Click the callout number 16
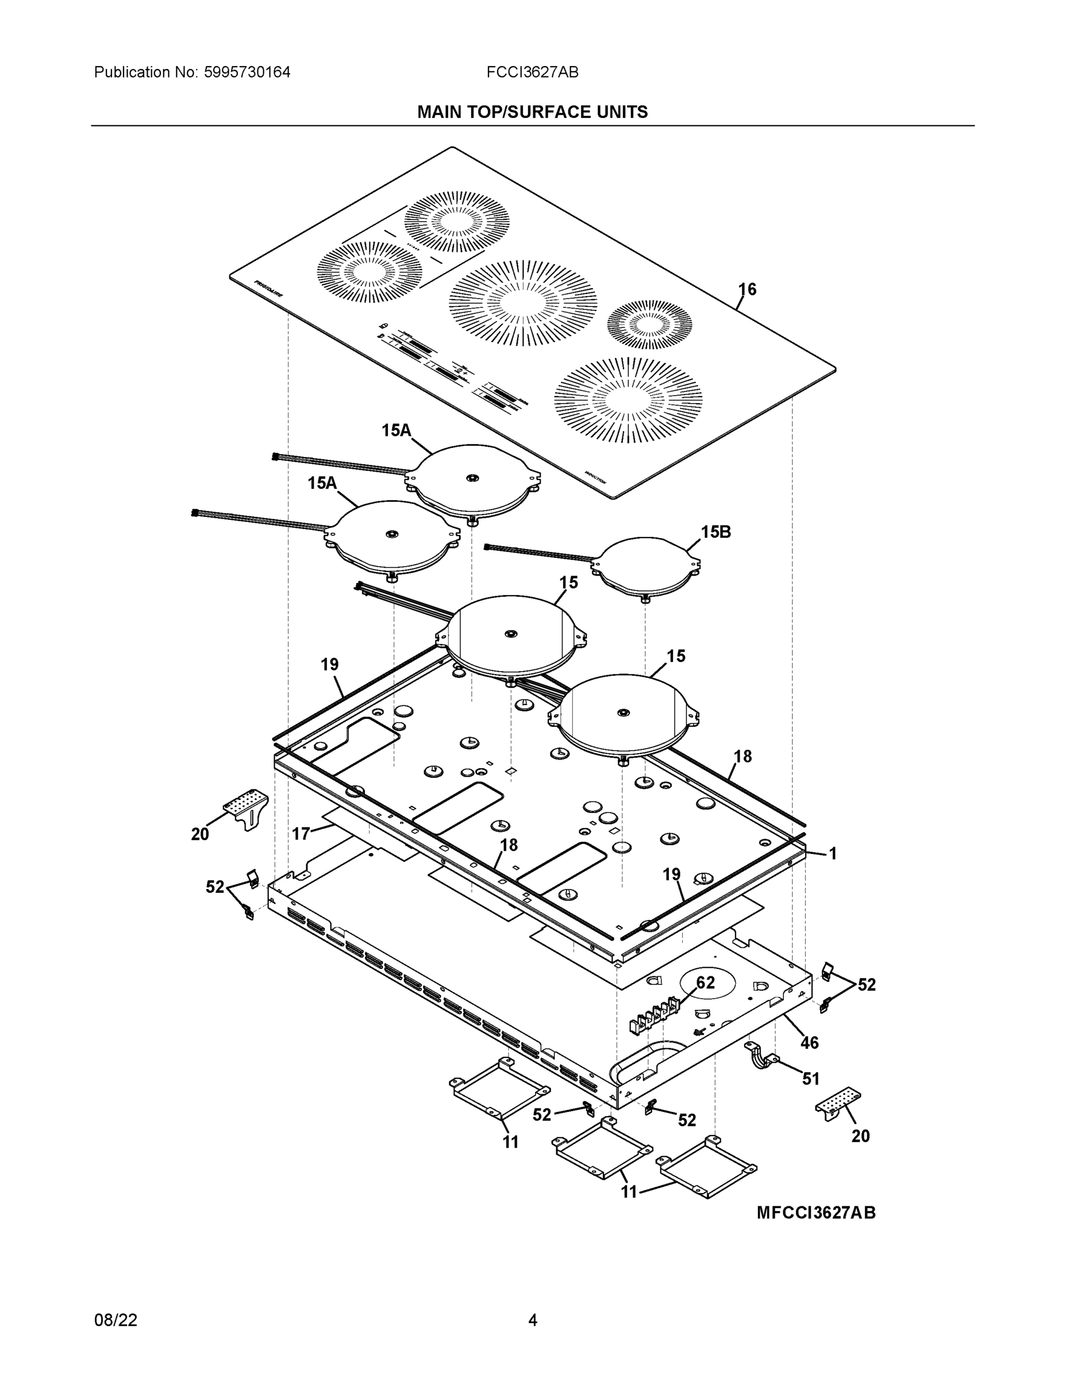pyautogui.click(x=747, y=289)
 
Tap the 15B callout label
pyautogui.click(x=715, y=532)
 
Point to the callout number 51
pyautogui.click(x=811, y=1079)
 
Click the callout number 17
pyautogui.click(x=301, y=834)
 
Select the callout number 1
pyautogui.click(x=832, y=854)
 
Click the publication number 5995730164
pyautogui.click(x=247, y=72)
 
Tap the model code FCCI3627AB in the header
pyautogui.click(x=532, y=72)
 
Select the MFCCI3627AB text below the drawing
pyautogui.click(x=816, y=1213)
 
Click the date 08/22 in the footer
pyautogui.click(x=116, y=1320)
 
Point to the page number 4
pyautogui.click(x=532, y=1320)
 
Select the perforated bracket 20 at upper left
pyautogui.click(x=247, y=807)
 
